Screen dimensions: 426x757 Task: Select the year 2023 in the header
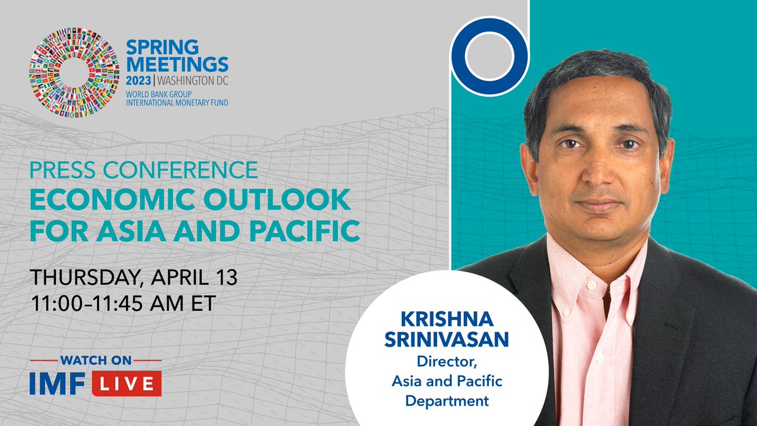pos(140,81)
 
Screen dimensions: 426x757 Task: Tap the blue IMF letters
pos(61,384)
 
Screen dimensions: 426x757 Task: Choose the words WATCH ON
pos(95,360)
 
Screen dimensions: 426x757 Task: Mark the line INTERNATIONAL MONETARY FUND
pos(177,102)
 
